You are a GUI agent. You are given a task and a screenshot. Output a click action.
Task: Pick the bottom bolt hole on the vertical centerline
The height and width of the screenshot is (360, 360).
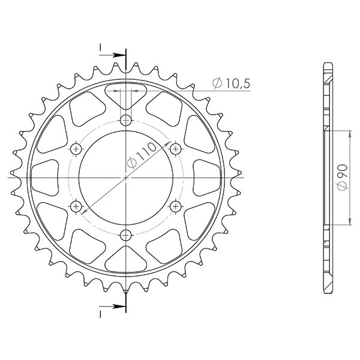(125, 235)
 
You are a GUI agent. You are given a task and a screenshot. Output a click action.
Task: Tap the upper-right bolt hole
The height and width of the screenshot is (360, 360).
(176, 148)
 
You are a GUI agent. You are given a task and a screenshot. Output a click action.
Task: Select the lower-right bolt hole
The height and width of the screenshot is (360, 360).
(176, 206)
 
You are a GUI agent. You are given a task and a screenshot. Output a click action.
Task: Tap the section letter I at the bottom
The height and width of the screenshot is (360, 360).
(101, 312)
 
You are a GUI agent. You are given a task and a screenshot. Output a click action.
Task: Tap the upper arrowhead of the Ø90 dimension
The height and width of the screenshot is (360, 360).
(350, 133)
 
